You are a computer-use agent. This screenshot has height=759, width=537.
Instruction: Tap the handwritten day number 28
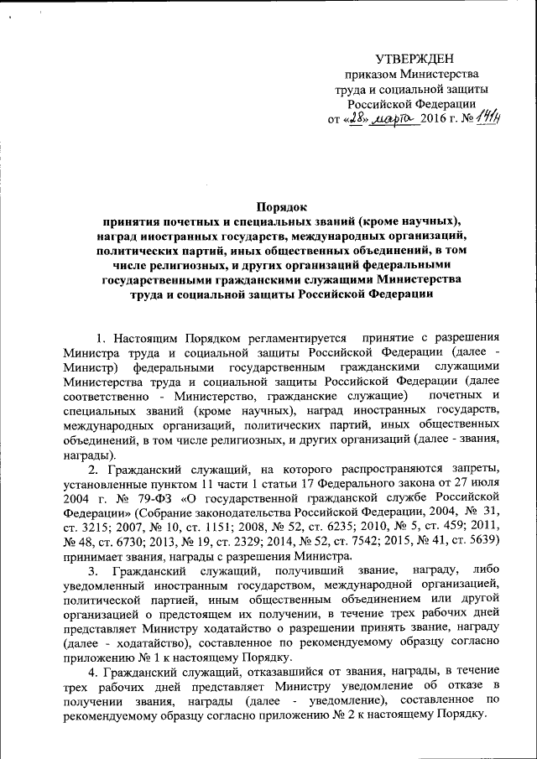click(x=360, y=118)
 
